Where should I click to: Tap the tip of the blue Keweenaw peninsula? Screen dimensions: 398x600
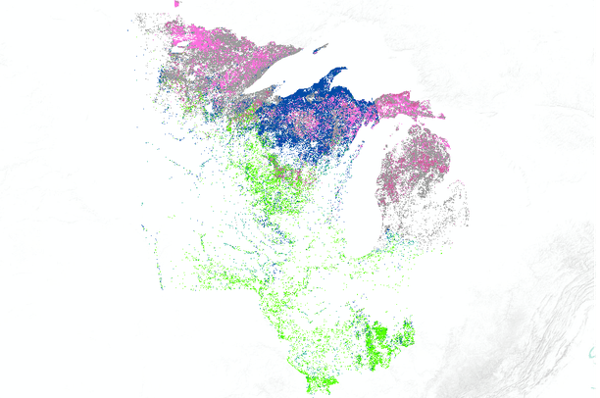(343, 70)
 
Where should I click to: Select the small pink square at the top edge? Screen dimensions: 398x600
(175, 4)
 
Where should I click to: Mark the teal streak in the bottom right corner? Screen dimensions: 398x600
(594, 352)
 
